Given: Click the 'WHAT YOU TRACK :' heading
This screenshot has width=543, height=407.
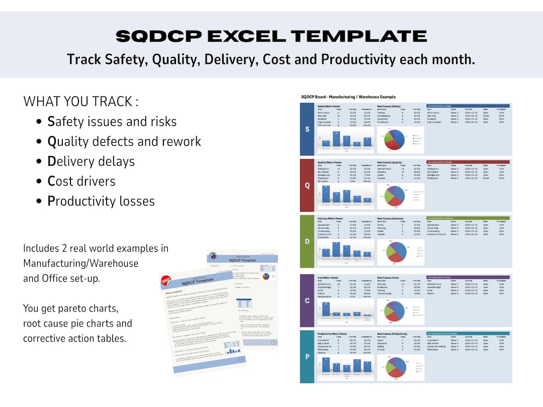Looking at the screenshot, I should tap(81, 101).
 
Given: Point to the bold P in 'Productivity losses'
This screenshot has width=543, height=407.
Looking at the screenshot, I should tap(51, 201).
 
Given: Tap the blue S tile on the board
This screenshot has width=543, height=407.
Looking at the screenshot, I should tap(307, 129).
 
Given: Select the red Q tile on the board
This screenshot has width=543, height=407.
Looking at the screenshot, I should tap(307, 185).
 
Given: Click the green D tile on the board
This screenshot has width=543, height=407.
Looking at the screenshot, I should tap(307, 242).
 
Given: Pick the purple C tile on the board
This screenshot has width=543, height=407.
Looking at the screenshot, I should tap(307, 301).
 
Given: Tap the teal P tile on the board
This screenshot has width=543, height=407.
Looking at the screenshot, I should tap(307, 357).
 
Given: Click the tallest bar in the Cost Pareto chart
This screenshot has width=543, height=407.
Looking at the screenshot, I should tap(325, 311).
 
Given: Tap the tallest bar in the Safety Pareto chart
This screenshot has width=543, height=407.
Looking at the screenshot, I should tap(336, 139).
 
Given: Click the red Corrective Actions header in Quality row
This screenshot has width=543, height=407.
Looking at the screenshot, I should tap(467, 162).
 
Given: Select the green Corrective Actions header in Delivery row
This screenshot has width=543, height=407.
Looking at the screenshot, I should tap(467, 219).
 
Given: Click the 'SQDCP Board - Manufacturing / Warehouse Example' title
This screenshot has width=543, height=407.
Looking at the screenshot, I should tap(348, 96).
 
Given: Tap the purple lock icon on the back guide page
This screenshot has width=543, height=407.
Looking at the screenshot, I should tap(213, 256).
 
